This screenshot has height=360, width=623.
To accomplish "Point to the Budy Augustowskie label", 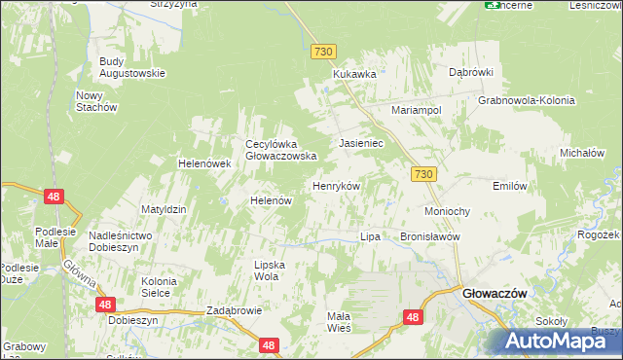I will [x=132, y=67].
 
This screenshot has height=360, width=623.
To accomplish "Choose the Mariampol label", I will [x=417, y=110].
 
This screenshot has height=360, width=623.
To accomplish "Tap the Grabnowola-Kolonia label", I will [x=526, y=100].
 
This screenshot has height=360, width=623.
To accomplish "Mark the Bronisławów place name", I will [x=429, y=236].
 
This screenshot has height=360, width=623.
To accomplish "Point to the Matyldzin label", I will [x=163, y=209].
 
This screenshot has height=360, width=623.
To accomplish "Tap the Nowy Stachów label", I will [x=96, y=101].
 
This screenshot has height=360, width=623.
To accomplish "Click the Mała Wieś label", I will [x=338, y=322].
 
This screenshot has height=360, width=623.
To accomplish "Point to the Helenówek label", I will [x=202, y=163].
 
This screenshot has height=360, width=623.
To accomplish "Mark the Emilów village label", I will [x=510, y=185].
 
